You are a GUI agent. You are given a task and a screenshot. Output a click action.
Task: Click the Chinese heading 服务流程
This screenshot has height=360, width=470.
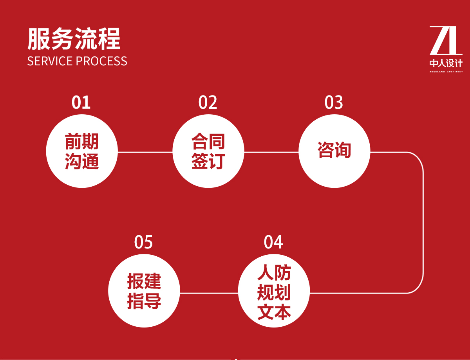coord(74,39)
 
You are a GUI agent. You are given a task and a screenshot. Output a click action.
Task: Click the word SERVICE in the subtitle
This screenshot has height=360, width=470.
coord(50,61)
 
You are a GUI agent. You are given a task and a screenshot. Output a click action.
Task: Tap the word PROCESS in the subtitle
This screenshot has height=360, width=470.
coord(102,61)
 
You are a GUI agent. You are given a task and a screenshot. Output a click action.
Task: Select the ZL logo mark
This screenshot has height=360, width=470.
coord(446,40)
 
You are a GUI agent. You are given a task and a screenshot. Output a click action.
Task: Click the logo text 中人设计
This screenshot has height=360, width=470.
coord(446,63)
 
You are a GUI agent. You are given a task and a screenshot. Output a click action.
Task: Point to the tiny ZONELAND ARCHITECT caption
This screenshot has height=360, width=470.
coord(446,72)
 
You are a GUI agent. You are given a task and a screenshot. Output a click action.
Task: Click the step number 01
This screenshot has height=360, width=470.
coord(81,102)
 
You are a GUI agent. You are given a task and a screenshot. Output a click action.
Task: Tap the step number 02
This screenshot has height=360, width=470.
coord(208,102)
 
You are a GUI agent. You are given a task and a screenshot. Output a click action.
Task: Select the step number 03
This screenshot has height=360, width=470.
coord(334,102)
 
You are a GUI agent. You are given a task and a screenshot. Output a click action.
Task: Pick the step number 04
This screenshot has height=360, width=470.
coord(273,242)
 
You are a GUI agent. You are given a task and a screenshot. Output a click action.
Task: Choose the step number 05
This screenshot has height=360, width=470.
coord(143,242)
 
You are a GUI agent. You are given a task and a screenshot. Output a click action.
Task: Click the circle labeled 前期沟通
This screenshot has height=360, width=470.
coord(82,151)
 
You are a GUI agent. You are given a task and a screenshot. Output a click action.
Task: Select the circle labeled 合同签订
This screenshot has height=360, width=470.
coord(208,151)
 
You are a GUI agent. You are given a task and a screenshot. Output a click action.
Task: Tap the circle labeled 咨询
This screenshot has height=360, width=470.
coord(334,151)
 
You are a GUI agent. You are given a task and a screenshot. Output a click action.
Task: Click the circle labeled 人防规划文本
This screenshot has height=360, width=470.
coord(274,291)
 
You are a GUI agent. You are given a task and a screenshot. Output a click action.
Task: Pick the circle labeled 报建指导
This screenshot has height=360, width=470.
coord(144,291)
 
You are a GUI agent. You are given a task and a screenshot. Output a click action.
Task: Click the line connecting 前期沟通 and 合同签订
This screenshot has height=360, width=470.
coord(145,152)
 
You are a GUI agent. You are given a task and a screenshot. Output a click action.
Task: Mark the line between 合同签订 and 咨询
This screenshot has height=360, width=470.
coord(271,152)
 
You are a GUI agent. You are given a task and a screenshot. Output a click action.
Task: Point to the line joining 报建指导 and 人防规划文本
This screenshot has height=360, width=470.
coord(209,293)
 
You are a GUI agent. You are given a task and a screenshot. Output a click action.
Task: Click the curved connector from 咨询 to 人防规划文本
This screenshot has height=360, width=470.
coord(423,223)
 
